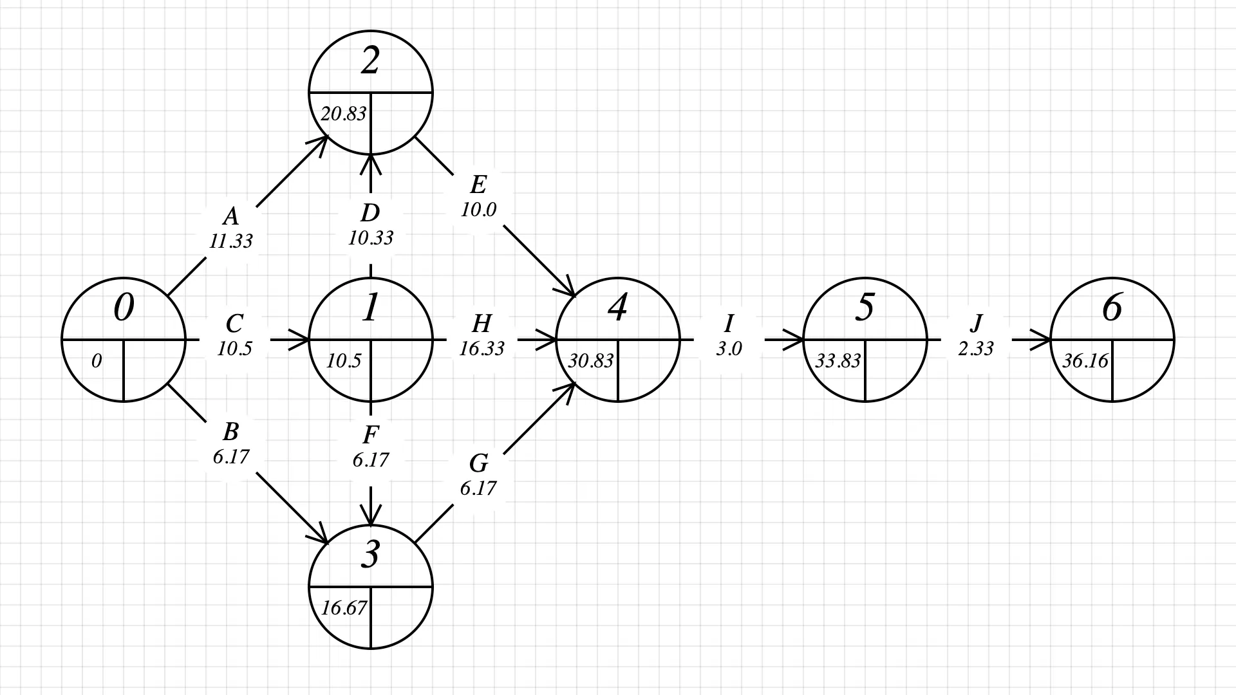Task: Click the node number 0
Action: (x=124, y=308)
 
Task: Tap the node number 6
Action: (x=1112, y=308)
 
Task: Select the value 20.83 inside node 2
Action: (x=343, y=114)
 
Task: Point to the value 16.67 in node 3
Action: (x=343, y=608)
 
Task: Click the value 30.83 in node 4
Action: (x=590, y=361)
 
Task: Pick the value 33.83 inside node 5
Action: (x=838, y=361)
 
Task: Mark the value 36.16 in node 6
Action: (x=1085, y=361)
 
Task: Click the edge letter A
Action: (x=230, y=216)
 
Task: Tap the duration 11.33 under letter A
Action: (x=230, y=241)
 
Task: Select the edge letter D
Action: (x=370, y=212)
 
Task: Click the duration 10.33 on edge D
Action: (x=370, y=238)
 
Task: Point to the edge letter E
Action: (x=478, y=185)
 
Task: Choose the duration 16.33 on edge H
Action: (x=482, y=348)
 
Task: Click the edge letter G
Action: (x=478, y=463)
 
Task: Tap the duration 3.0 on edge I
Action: (x=729, y=348)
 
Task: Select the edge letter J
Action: (x=976, y=322)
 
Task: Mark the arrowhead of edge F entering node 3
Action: (x=371, y=517)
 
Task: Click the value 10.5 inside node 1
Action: (x=343, y=361)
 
